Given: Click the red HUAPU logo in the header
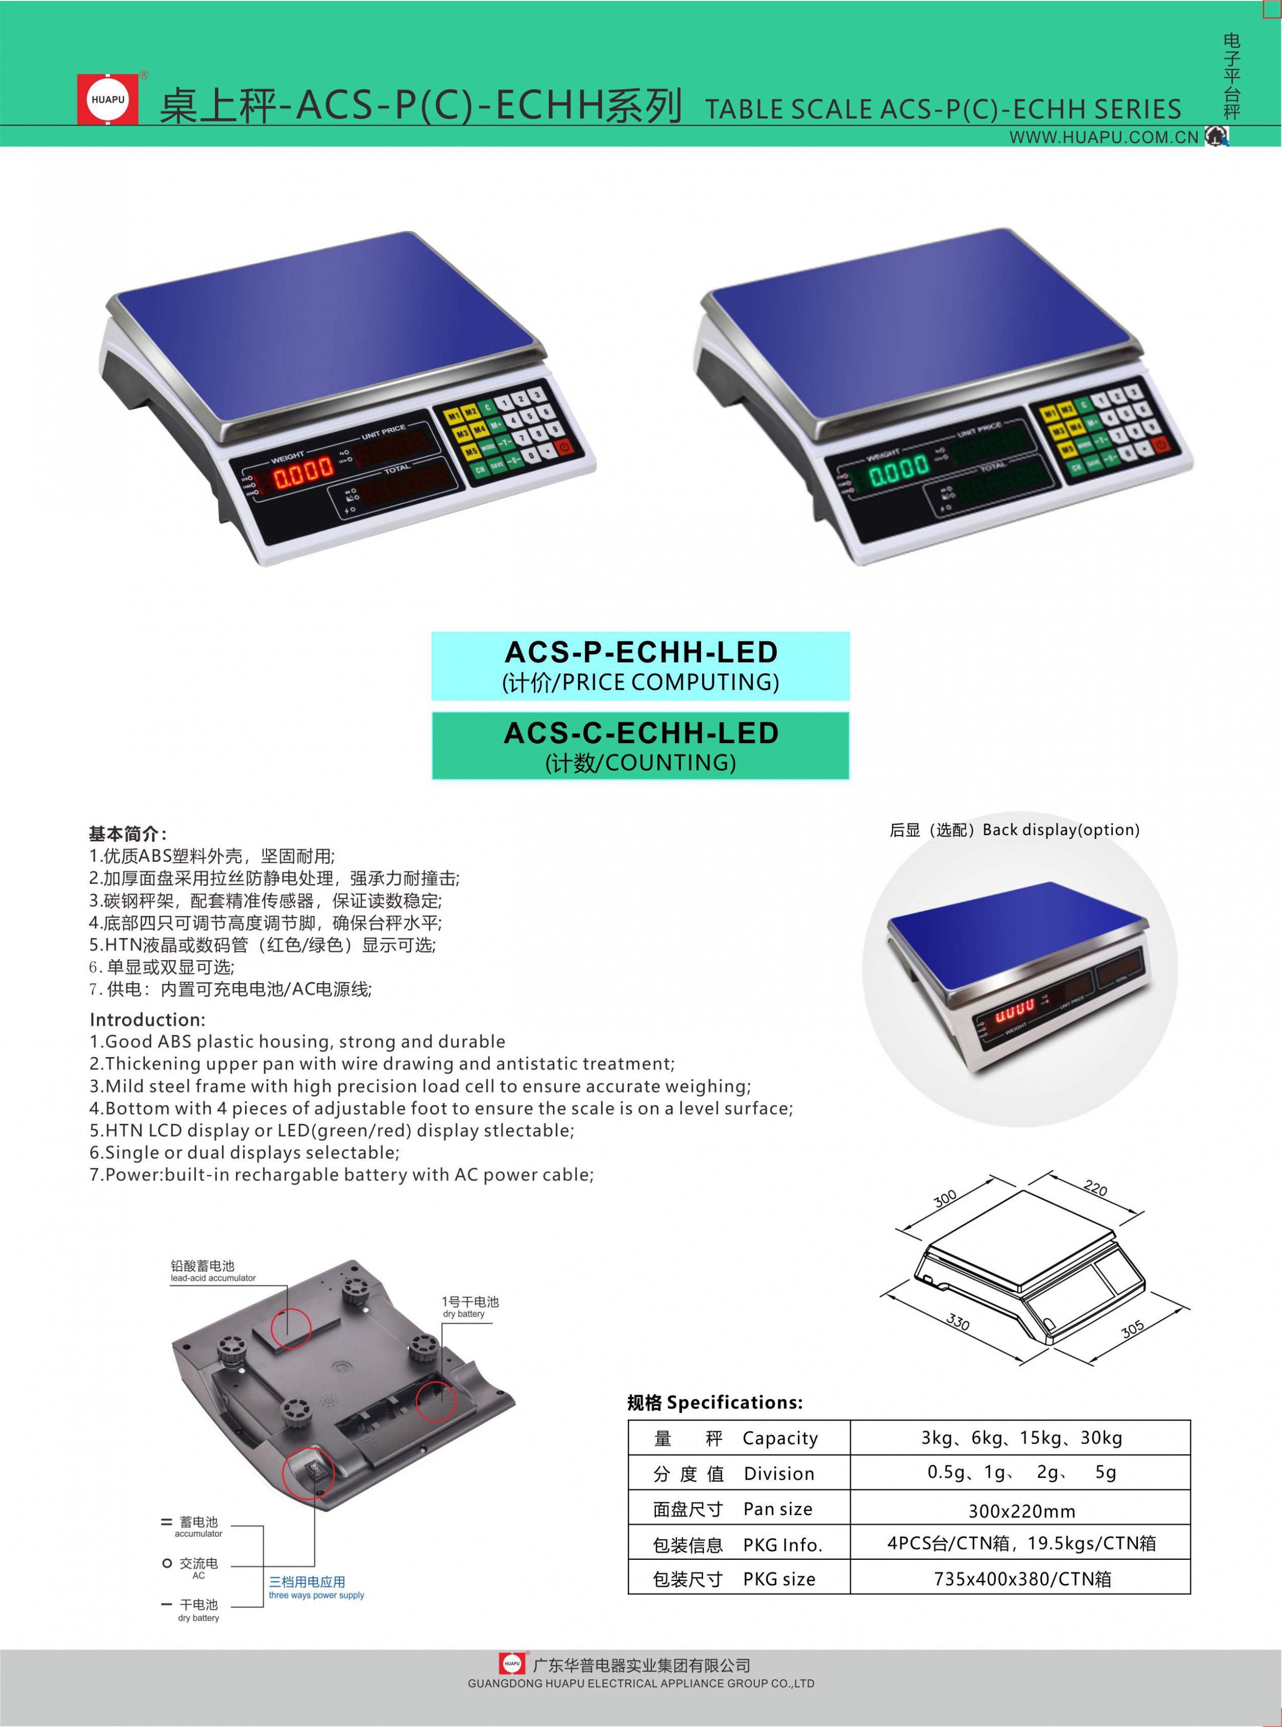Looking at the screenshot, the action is pos(108,100).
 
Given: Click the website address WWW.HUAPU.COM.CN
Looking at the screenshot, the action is pos(1104,137).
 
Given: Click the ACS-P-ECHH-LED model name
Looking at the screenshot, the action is pos(641,652).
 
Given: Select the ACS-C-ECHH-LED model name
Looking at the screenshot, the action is pos(641,733).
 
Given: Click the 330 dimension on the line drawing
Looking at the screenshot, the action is pos(957,1321).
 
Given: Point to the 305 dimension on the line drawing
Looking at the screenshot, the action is pos(1132,1329).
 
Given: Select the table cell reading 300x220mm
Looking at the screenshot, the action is pos(1021,1511).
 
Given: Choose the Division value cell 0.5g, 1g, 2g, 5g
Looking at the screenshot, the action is pos(1021,1473).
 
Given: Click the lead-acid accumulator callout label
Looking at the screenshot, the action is pos(213,1271).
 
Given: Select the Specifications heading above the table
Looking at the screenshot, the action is pos(715,1402).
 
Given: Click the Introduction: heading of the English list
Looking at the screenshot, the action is pos(148,1019).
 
